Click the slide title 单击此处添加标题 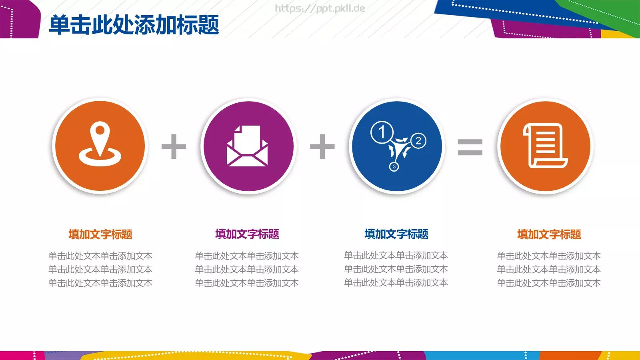pos(134,25)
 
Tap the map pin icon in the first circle pos(100,144)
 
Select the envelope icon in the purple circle pos(247,146)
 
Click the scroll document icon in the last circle pos(545,146)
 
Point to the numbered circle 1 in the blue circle pos(382,132)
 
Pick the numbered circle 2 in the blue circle pos(418,140)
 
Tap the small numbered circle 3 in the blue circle pos(394,166)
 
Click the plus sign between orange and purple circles pos(174,146)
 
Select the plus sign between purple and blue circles pos(322,146)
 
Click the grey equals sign pos(470,147)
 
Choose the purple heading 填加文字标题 pos(247,234)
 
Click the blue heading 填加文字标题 pos(396,234)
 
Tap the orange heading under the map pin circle pos(100,234)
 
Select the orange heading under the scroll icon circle pos(549,234)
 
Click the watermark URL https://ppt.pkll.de pos(320,8)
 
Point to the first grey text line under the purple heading pos(247,256)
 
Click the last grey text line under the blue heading pos(396,283)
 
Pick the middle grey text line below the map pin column pos(100,270)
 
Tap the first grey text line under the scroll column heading pos(549,256)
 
